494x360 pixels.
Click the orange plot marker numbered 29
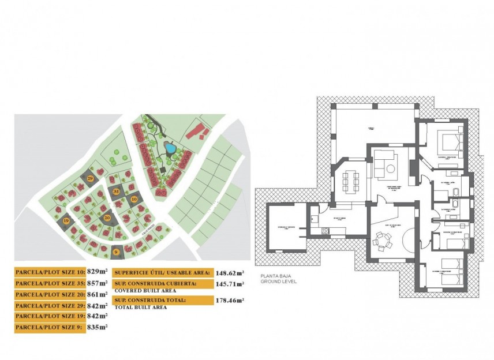click(x=90, y=179)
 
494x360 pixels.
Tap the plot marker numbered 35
click(x=116, y=191)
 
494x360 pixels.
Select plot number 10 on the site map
click(x=134, y=200)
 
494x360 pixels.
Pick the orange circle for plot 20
click(x=107, y=217)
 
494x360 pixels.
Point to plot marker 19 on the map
click(x=66, y=220)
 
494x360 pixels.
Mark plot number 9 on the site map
click(x=117, y=251)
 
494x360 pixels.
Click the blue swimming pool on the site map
click(x=170, y=148)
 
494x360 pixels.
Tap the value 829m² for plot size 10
click(x=98, y=271)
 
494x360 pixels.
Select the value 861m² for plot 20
click(x=98, y=294)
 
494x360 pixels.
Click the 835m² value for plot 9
click(x=98, y=327)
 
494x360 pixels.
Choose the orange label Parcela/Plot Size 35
click(x=50, y=283)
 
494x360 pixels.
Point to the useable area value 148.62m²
click(x=230, y=272)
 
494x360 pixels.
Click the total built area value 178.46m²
click(x=230, y=300)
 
